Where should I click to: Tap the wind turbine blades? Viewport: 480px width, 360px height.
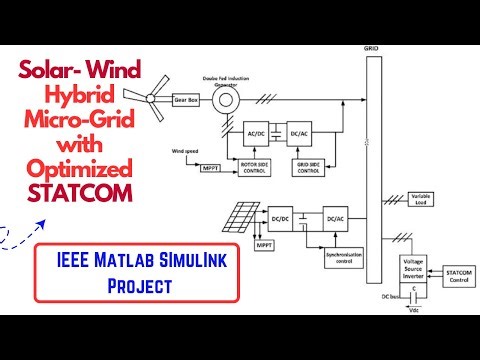[x=152, y=99]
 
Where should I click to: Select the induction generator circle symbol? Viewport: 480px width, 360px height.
[x=226, y=100]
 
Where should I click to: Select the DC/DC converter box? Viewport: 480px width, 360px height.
[x=278, y=215]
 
